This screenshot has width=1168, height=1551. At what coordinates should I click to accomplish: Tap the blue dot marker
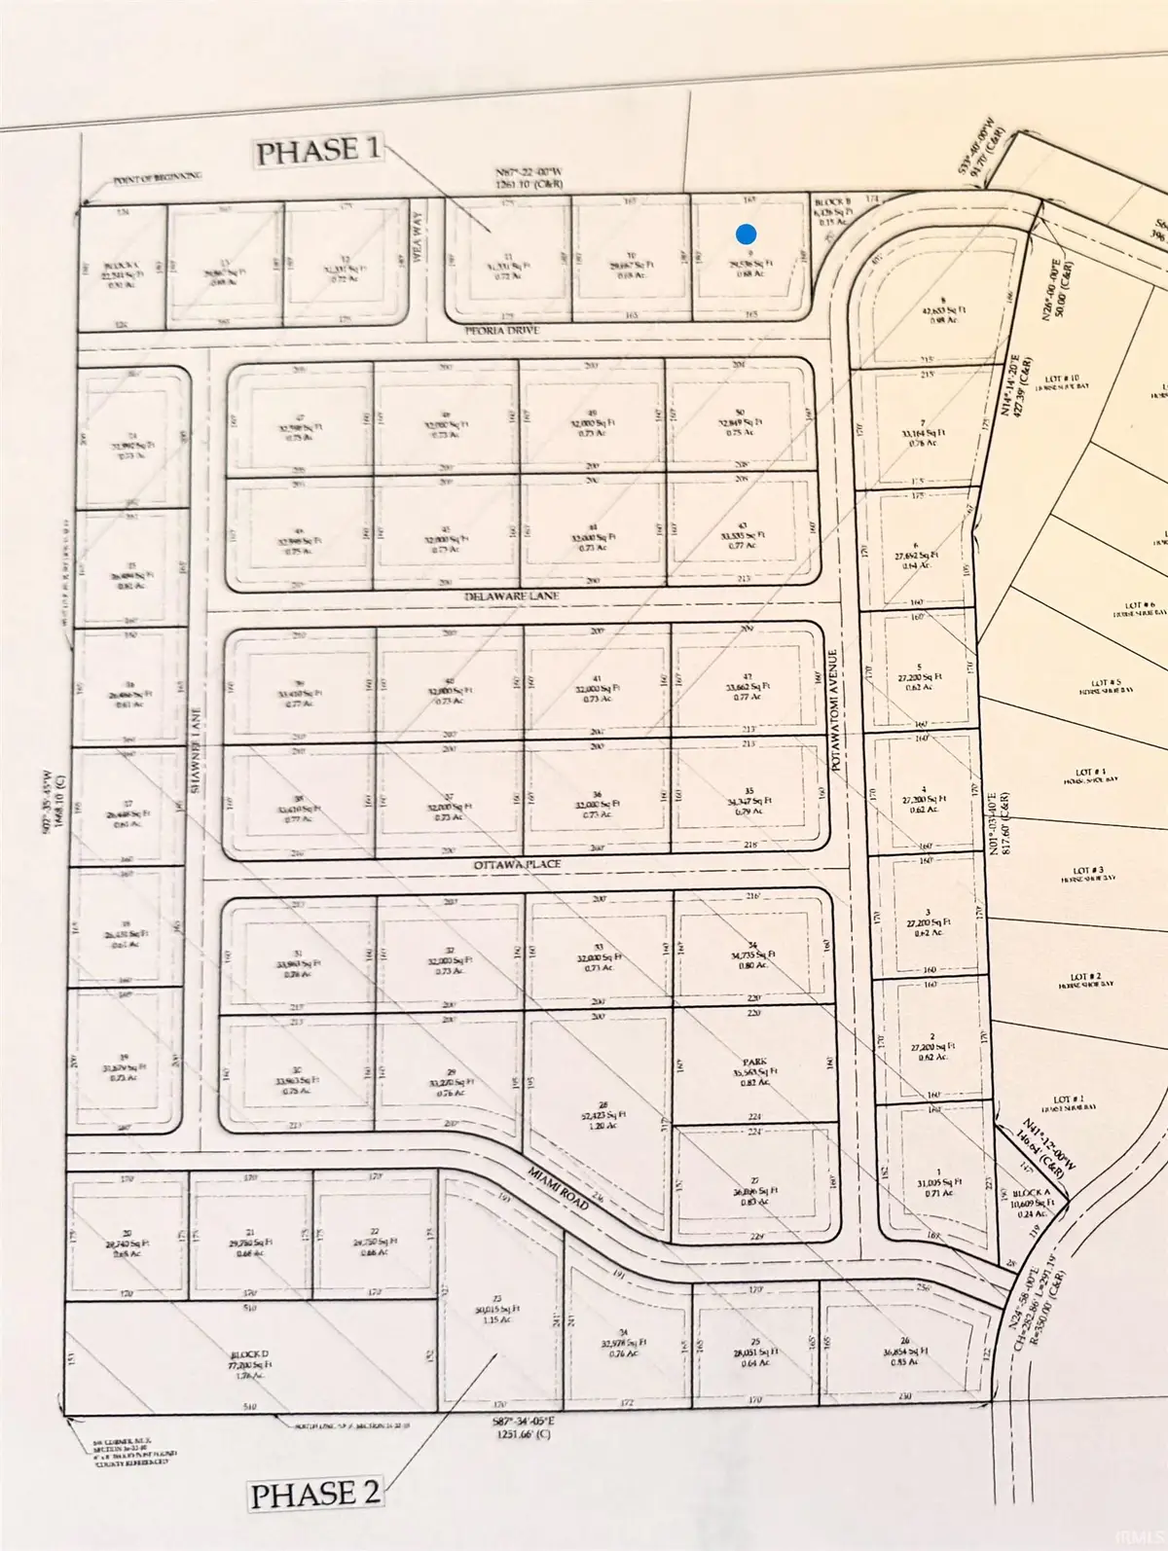[x=746, y=234]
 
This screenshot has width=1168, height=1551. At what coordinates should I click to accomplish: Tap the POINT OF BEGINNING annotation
[x=157, y=176]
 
